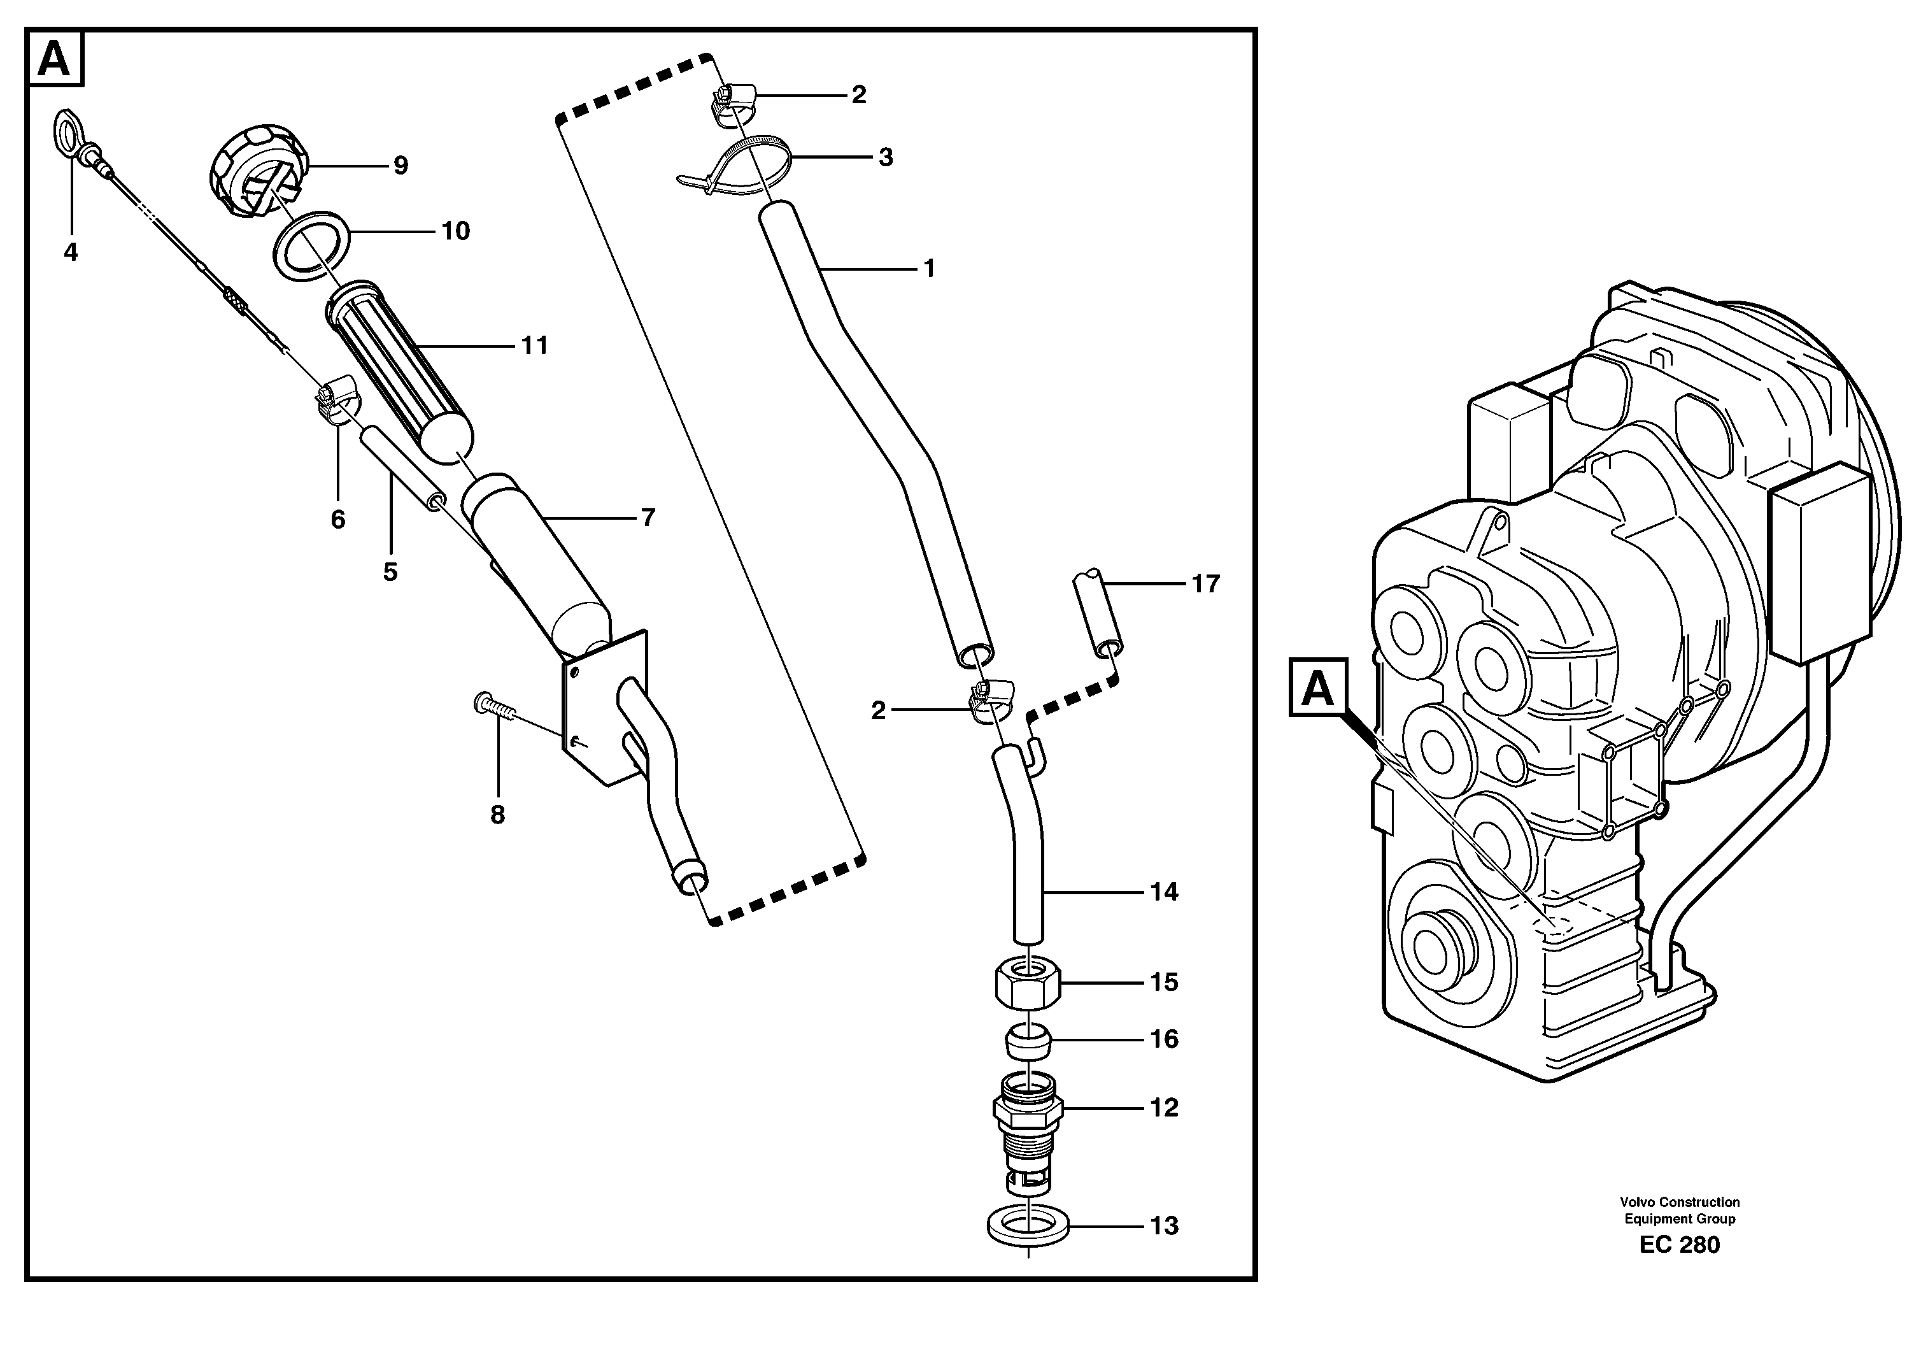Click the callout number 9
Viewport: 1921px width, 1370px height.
(x=401, y=166)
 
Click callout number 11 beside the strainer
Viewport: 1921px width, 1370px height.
(x=535, y=345)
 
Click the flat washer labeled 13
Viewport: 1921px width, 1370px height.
(x=1028, y=1227)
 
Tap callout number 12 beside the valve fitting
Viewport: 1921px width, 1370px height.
(x=1164, y=1108)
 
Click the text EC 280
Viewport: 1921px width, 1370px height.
(x=1678, y=1245)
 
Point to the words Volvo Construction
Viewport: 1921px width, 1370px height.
(x=1678, y=1202)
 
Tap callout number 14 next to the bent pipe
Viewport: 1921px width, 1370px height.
(x=1164, y=892)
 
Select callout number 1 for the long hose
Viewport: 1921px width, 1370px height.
(x=928, y=269)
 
